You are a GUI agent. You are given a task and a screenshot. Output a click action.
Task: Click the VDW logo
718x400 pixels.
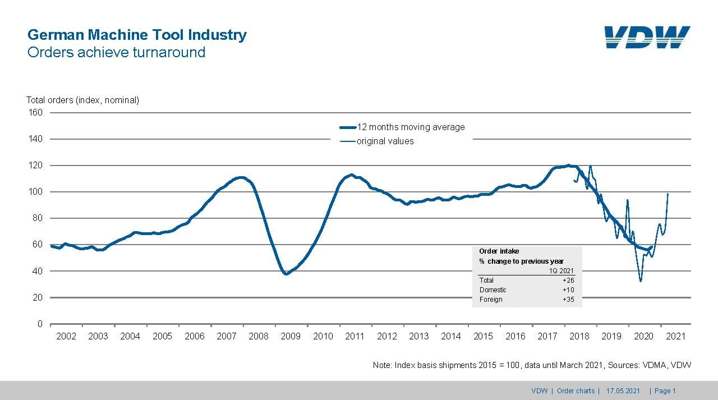click(x=647, y=38)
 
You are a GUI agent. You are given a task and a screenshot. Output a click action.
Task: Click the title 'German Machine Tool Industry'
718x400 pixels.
click(x=137, y=35)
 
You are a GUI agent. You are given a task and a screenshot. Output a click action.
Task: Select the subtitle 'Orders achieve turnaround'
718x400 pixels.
click(x=116, y=52)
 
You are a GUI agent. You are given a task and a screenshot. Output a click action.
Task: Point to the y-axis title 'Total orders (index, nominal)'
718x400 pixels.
click(x=82, y=100)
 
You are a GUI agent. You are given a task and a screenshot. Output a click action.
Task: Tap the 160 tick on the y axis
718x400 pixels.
click(x=36, y=112)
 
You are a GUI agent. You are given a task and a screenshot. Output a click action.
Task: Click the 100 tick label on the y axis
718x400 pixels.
click(x=36, y=192)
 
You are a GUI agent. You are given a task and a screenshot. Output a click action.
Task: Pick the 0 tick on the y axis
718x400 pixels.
click(x=40, y=324)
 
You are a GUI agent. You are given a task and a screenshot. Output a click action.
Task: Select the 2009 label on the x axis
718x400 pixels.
click(x=291, y=336)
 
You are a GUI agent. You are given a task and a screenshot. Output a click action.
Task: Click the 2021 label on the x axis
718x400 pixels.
click(x=675, y=336)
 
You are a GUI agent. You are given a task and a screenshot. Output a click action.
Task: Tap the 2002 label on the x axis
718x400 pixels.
click(x=66, y=336)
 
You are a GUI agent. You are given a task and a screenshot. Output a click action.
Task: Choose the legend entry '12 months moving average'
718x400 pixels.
click(x=411, y=127)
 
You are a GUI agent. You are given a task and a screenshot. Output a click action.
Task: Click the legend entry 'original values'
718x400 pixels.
click(x=385, y=141)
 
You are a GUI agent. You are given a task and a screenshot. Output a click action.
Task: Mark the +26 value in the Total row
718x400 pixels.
click(x=568, y=280)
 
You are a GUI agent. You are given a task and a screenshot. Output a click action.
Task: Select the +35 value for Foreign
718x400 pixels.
click(x=568, y=300)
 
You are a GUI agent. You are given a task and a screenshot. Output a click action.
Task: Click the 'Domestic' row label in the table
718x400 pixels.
click(x=493, y=290)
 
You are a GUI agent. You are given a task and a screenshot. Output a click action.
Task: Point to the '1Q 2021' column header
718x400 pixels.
click(x=561, y=270)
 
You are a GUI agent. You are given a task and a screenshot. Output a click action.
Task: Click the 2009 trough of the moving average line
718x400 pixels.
click(x=286, y=274)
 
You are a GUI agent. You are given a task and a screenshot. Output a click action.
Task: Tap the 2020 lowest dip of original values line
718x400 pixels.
click(x=641, y=281)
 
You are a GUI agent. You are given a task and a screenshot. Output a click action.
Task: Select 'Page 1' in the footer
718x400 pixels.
click(x=665, y=391)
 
